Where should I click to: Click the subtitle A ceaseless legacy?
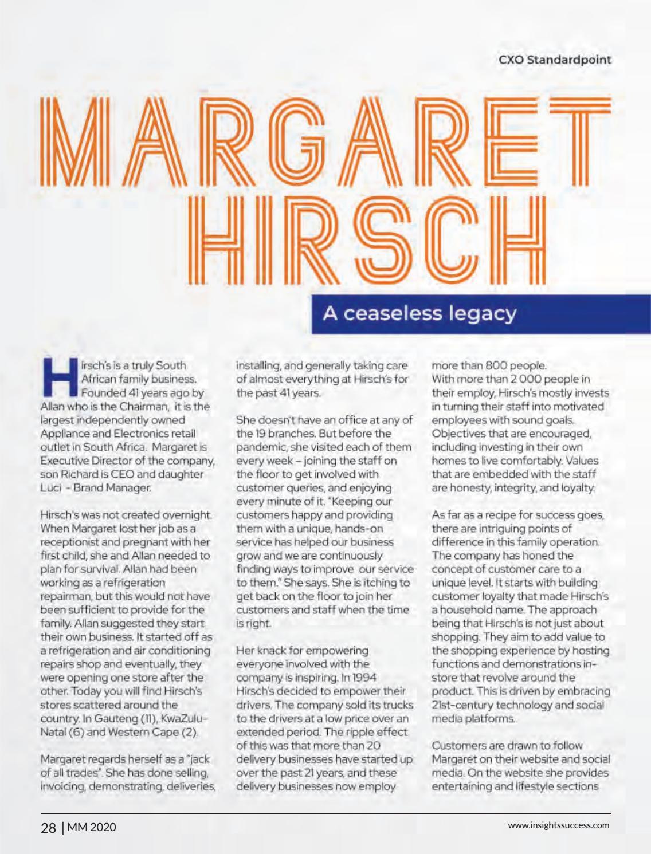pyautogui.click(x=419, y=313)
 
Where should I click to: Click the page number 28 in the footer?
pyautogui.click(x=48, y=827)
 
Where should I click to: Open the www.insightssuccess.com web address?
pyautogui.click(x=559, y=825)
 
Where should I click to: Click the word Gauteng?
pyautogui.click(x=115, y=718)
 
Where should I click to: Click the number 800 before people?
pyautogui.click(x=495, y=365)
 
